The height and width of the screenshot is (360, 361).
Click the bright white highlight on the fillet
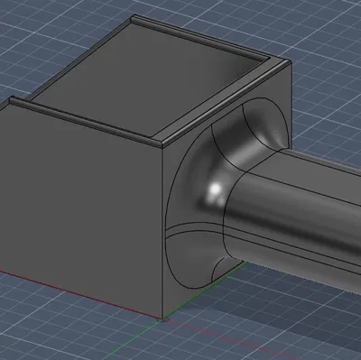(x=215, y=190)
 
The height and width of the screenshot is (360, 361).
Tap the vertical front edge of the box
(x=162, y=235)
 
